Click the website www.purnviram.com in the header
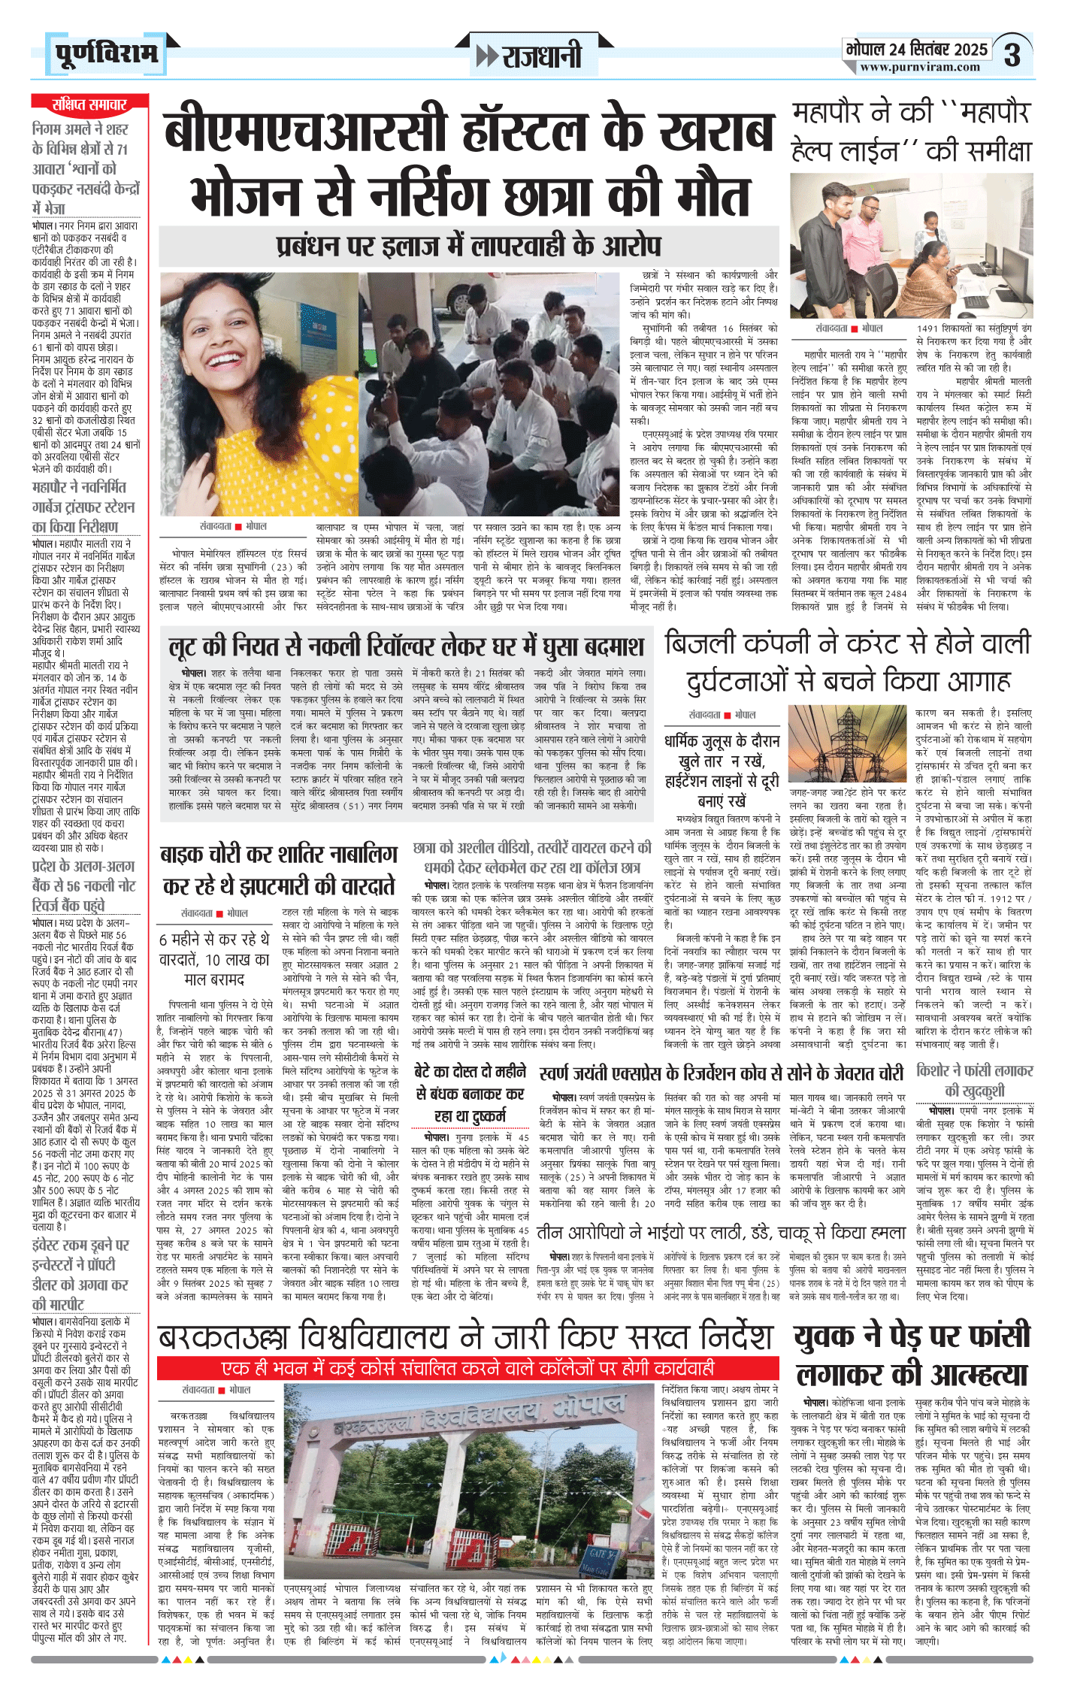tap(920, 67)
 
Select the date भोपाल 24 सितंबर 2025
tap(916, 50)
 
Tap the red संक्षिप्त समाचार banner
tap(89, 104)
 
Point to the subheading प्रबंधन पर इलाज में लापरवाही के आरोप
tap(469, 246)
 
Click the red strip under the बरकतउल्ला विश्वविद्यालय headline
tap(467, 1367)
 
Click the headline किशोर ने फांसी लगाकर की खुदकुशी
tap(974, 1080)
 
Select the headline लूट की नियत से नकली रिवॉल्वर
tap(407, 647)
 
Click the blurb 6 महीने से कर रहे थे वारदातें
tap(213, 959)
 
